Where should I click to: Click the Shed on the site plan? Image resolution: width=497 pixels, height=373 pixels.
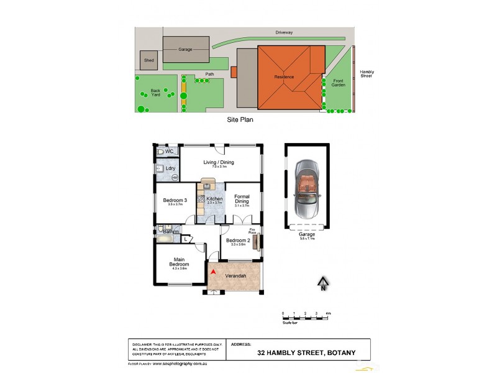(x=148, y=60)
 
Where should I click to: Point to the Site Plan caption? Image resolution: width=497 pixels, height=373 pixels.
(x=240, y=118)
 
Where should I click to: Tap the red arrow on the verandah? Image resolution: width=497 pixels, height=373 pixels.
(x=213, y=272)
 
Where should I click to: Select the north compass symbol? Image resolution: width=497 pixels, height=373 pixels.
(x=322, y=285)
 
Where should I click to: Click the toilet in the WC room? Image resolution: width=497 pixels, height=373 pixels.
(x=160, y=151)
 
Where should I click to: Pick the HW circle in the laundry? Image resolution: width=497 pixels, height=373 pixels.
(x=175, y=178)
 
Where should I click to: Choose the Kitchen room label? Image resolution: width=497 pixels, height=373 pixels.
(x=214, y=199)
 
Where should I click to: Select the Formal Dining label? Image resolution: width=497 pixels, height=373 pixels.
(x=242, y=199)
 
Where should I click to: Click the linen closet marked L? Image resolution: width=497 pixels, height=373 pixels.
(x=185, y=239)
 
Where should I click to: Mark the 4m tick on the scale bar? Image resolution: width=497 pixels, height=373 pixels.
(x=327, y=313)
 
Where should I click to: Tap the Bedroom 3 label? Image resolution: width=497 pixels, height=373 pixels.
(x=175, y=200)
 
